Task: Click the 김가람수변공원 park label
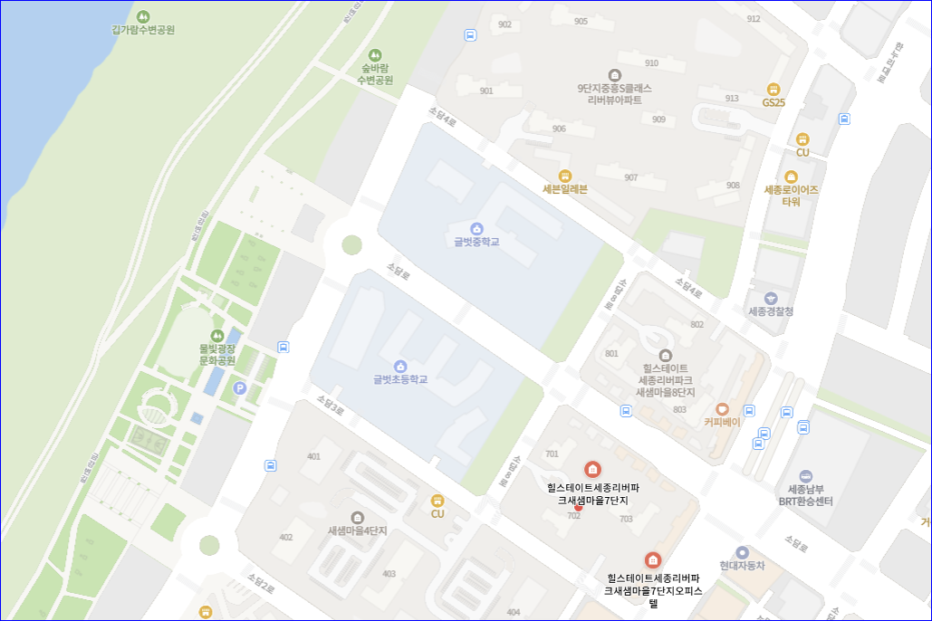click(142, 30)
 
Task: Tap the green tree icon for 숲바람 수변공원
click(375, 55)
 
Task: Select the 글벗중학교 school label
click(476, 242)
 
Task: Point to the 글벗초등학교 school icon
click(400, 366)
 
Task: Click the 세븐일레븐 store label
click(565, 189)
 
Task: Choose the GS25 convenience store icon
click(773, 89)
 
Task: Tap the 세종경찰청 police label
click(771, 311)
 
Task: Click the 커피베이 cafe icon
click(722, 409)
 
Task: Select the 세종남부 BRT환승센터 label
click(805, 494)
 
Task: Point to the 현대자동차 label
click(742, 566)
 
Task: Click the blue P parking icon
click(240, 388)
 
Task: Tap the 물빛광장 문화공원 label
click(217, 354)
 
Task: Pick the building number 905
click(581, 21)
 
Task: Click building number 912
click(754, 19)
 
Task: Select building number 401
click(313, 456)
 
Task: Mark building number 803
click(679, 410)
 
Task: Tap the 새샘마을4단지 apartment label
click(357, 531)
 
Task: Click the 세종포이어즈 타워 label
click(791, 196)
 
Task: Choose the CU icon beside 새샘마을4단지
click(437, 500)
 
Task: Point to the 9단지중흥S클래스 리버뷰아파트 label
click(614, 94)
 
